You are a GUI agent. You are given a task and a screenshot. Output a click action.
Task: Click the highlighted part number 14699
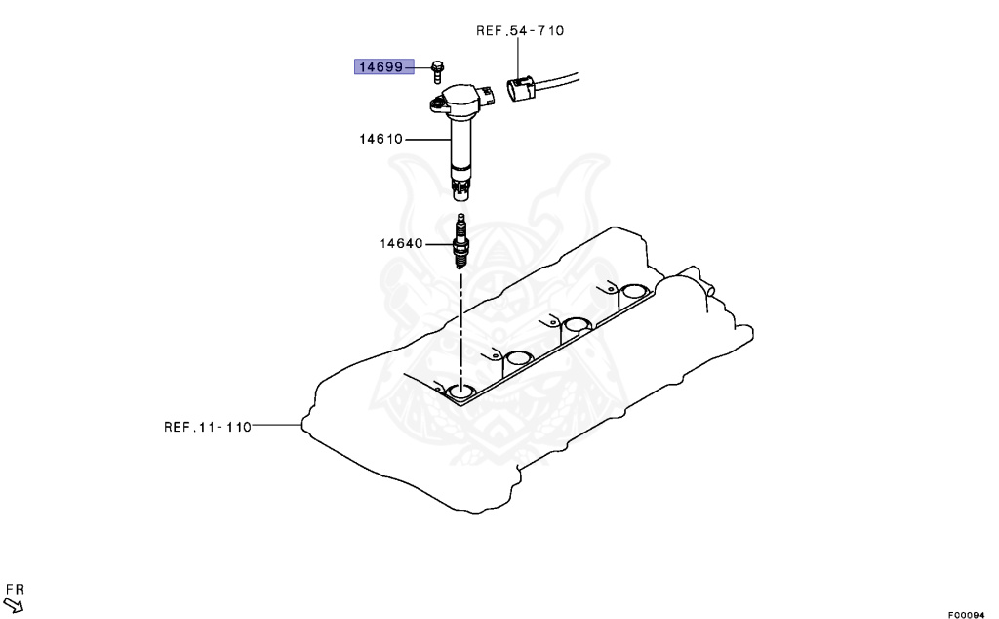click(381, 67)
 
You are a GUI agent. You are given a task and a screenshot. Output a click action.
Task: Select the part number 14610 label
click(381, 139)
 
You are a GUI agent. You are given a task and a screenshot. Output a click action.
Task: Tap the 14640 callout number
click(401, 243)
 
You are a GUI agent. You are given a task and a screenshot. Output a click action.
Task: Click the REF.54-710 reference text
click(520, 30)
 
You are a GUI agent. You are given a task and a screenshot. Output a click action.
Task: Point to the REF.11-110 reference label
click(208, 427)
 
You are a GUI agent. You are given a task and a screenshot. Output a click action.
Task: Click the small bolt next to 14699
click(437, 70)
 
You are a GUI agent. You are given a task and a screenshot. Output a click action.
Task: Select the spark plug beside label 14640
click(460, 242)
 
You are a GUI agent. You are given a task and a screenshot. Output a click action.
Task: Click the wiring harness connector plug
click(521, 89)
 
